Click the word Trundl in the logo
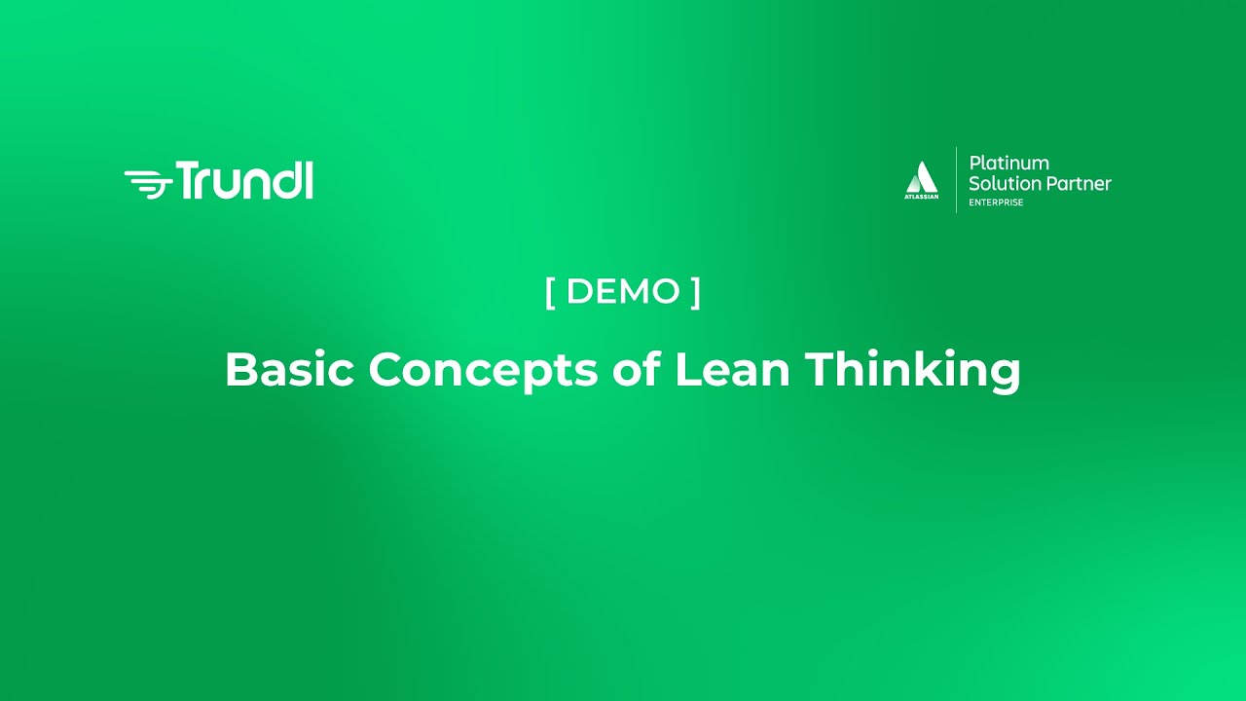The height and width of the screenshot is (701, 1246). pyautogui.click(x=244, y=181)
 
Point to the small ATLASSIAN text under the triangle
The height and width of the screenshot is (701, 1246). pyautogui.click(x=922, y=197)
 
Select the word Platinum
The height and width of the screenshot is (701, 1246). pyautogui.click(x=1008, y=164)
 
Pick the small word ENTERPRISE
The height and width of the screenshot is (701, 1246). pyautogui.click(x=996, y=203)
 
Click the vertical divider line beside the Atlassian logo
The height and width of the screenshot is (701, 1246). pyautogui.click(x=956, y=180)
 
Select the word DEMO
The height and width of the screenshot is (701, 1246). pyautogui.click(x=623, y=291)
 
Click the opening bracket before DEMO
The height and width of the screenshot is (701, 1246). pyautogui.click(x=550, y=291)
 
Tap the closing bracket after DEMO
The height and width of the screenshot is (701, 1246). pyautogui.click(x=696, y=291)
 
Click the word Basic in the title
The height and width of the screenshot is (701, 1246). pyautogui.click(x=289, y=369)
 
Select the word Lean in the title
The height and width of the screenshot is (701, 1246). pyautogui.click(x=732, y=369)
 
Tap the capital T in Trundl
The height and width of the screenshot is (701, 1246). pyautogui.click(x=188, y=181)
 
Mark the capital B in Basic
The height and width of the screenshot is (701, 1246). pyautogui.click(x=239, y=369)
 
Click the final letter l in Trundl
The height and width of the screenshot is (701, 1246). pyautogui.click(x=309, y=180)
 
